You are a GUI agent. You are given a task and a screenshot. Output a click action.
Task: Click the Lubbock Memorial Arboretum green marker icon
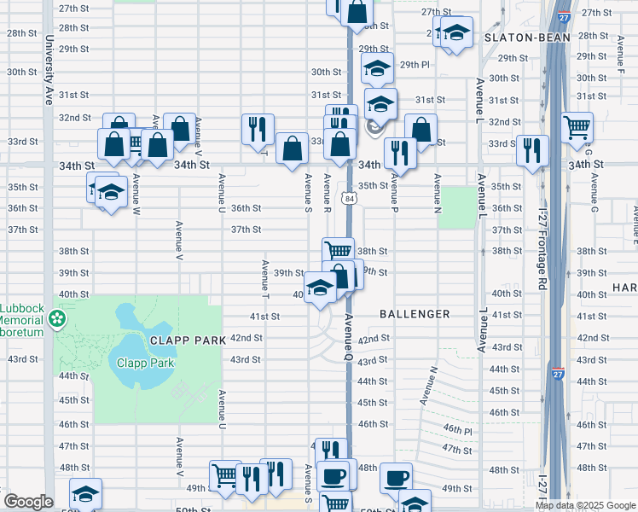(x=57, y=319)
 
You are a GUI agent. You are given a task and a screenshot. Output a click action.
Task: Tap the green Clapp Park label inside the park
(x=145, y=363)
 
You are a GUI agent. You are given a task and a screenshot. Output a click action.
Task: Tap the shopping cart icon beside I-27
(x=577, y=128)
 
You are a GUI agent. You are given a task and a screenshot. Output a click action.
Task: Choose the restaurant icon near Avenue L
(x=532, y=150)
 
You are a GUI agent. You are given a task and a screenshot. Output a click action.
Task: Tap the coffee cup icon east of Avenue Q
(x=395, y=478)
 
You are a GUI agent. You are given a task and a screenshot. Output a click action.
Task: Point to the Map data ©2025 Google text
(x=585, y=505)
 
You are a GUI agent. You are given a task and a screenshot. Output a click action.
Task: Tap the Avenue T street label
(x=265, y=280)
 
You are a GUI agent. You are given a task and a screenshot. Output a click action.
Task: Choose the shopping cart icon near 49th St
(x=224, y=474)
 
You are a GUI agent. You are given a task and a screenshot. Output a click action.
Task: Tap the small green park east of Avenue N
(x=460, y=207)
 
